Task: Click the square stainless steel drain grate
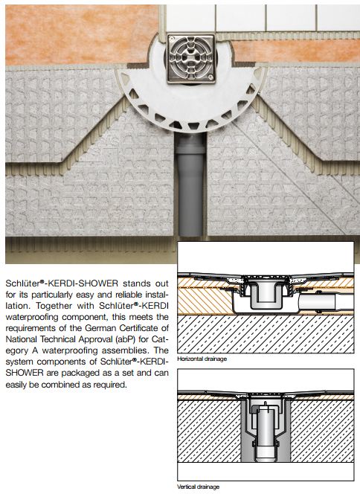click(191, 59)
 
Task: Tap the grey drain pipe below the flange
click(190, 186)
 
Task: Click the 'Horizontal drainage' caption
click(202, 359)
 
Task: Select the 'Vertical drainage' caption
click(198, 487)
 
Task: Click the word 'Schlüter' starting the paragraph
click(22, 283)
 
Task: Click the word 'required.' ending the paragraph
click(109, 385)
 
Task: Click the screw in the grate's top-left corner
click(171, 39)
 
